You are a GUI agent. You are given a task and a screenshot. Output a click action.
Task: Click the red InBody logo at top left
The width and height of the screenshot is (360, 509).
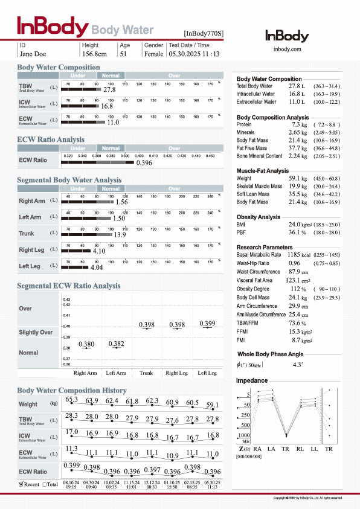52,27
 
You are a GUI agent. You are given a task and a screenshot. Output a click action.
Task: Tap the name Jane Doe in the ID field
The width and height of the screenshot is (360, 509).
33,54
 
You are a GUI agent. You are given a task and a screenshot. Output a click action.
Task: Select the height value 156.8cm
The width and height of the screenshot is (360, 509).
97,54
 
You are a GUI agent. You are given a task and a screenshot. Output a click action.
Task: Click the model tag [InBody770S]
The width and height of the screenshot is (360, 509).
203,33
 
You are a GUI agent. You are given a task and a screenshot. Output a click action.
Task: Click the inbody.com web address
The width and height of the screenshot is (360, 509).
287,49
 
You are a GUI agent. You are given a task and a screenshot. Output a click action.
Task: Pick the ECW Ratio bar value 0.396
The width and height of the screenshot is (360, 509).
144,163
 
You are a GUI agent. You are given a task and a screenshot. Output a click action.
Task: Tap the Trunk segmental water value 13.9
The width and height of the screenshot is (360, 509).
120,234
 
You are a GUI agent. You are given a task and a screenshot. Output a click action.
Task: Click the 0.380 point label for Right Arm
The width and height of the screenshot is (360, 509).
86,344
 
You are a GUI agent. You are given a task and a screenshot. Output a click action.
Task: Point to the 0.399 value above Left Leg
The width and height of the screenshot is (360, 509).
207,324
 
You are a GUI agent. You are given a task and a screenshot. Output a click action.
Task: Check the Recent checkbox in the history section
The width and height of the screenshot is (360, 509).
22,484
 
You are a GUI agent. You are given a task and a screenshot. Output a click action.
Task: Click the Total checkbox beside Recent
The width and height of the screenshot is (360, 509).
45,484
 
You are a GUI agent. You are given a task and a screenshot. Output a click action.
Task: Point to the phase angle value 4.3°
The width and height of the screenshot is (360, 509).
298,365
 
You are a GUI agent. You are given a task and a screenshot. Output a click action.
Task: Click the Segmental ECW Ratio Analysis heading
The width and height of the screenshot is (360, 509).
68,286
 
